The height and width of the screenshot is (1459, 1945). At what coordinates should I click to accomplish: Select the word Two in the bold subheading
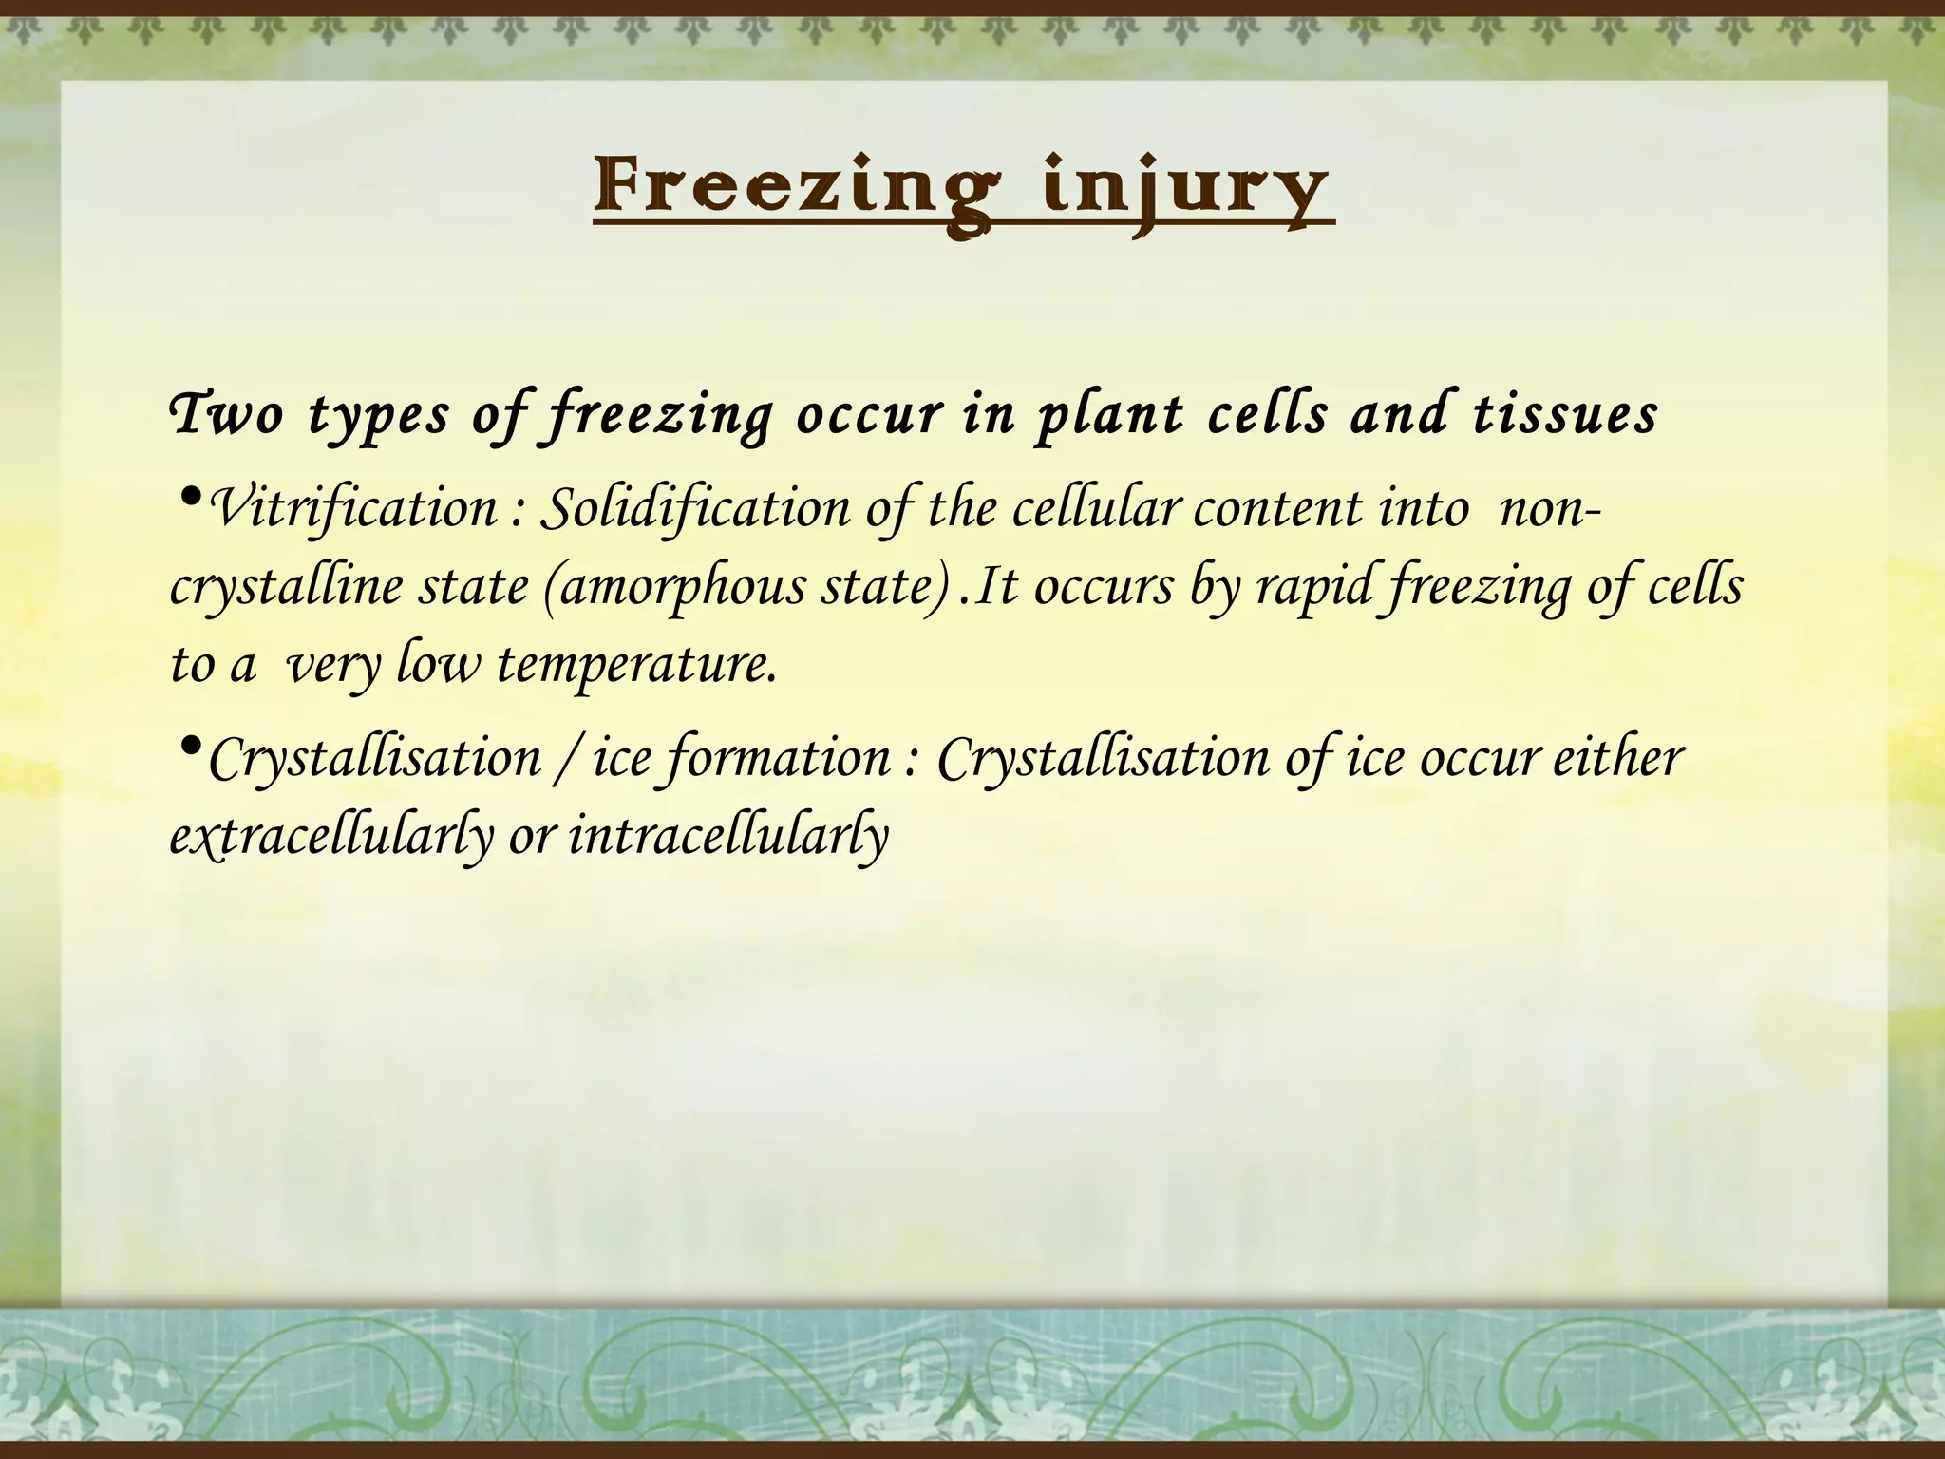[x=225, y=415]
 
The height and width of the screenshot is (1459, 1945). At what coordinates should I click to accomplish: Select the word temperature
[x=636, y=664]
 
